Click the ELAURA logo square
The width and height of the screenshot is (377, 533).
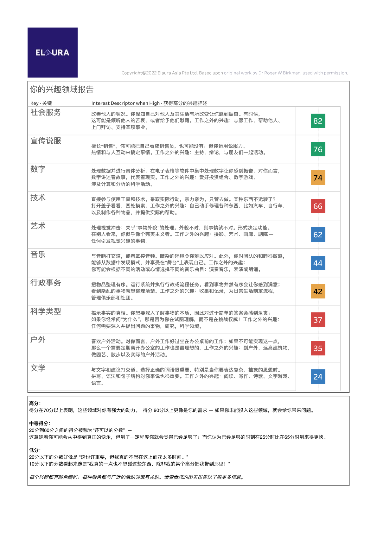point(53,53)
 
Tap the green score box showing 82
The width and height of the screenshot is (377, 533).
point(318,121)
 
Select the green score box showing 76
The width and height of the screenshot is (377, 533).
point(318,149)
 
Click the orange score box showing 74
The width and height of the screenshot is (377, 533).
point(318,178)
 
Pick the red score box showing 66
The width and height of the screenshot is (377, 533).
point(318,206)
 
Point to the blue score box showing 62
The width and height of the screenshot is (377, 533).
point(318,235)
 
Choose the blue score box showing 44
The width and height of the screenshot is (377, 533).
point(318,263)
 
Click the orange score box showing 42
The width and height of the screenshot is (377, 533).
point(318,292)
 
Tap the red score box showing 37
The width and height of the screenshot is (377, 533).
point(318,320)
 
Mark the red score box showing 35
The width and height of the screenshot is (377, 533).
point(318,348)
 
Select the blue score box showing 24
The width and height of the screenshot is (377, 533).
point(318,377)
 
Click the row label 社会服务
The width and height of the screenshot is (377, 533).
point(46,112)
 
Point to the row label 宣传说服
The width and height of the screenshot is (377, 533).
point(46,141)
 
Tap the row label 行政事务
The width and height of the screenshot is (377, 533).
point(46,283)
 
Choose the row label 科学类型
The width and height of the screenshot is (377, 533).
point(46,311)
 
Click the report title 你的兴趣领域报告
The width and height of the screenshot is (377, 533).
point(61,89)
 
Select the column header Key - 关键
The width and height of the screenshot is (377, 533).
point(41,103)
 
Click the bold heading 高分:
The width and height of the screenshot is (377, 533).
point(35,403)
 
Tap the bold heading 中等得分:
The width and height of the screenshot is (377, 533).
point(40,423)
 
